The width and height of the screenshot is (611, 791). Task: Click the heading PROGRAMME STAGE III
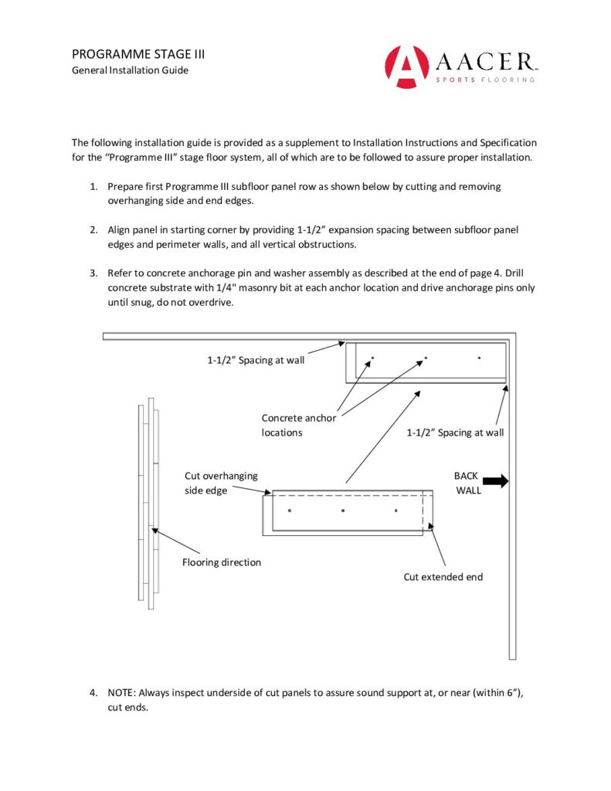137,54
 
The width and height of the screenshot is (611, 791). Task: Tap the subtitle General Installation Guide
130,70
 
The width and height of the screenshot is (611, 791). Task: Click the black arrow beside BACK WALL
495,481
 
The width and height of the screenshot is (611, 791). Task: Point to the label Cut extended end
443,576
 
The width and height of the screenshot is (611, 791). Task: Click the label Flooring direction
221,562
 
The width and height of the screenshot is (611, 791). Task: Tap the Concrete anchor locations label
299,425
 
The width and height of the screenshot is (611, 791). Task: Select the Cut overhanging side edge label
221,483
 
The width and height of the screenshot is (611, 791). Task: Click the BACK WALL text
467,483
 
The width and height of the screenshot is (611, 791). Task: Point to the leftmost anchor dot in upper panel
372,358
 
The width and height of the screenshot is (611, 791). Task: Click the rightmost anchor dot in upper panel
479,358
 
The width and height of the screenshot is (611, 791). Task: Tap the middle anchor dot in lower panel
342,511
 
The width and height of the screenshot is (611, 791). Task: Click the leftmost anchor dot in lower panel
289,511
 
